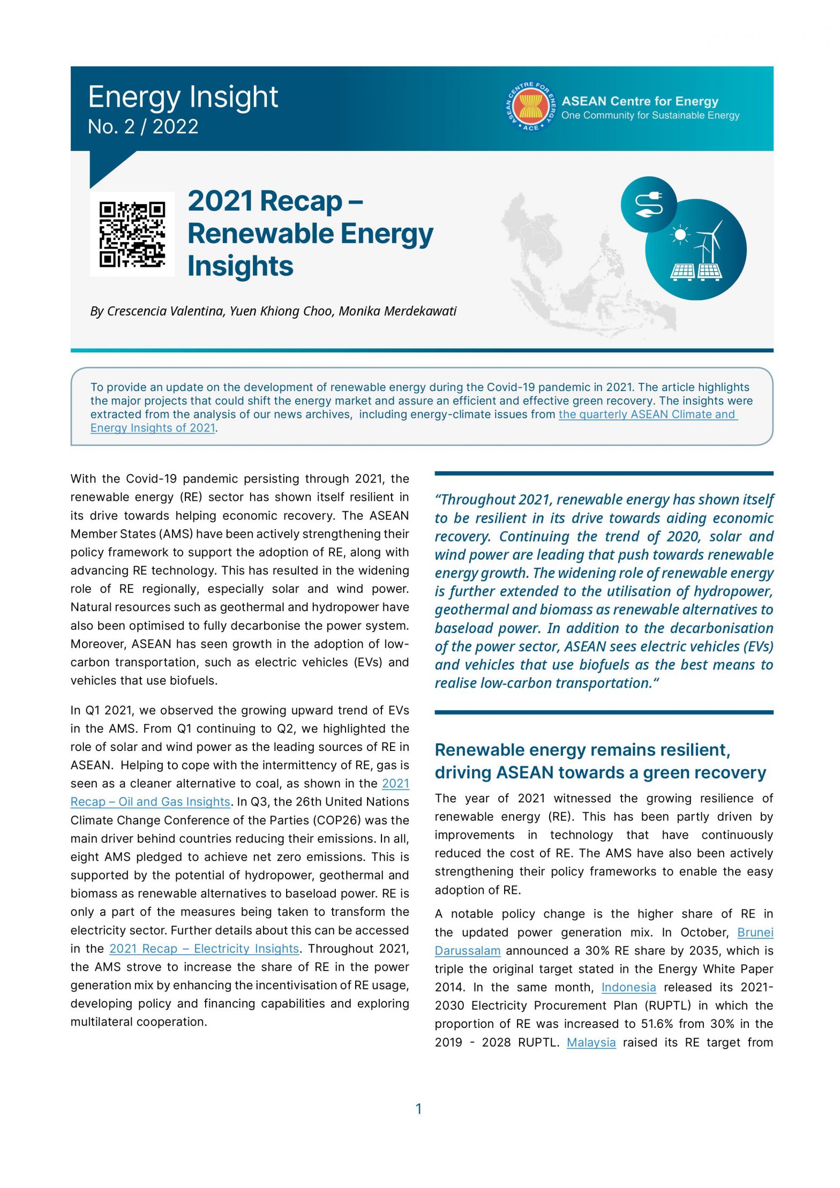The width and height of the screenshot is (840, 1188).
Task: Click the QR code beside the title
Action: click(132, 234)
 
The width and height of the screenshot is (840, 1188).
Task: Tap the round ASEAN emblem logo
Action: click(530, 107)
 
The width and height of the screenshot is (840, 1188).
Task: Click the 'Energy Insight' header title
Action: click(183, 97)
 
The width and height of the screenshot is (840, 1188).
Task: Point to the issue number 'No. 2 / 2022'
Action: click(143, 126)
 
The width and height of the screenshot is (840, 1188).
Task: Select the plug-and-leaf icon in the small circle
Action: click(648, 204)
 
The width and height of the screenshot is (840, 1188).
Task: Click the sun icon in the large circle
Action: click(680, 234)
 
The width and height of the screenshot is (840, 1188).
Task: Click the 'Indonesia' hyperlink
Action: click(628, 987)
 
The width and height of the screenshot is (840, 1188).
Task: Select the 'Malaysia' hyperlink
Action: click(591, 1042)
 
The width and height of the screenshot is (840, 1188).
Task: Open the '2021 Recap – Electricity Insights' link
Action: click(204, 949)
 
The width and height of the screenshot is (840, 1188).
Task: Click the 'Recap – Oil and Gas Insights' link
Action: click(151, 802)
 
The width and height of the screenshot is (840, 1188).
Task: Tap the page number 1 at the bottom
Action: click(419, 1109)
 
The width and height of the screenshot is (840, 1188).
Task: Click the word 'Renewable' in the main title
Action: click(260, 234)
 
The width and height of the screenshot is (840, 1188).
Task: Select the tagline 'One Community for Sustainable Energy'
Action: click(650, 116)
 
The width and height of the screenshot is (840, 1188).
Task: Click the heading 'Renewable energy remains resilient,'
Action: click(582, 750)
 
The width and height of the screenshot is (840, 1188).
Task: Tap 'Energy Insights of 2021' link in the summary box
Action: click(153, 428)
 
